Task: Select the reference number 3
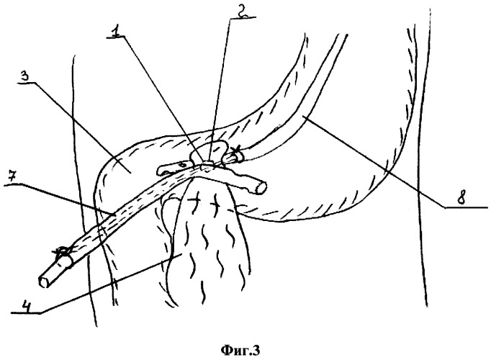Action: pos(27,76)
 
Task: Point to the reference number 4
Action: pos(27,305)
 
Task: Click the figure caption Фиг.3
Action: pos(240,351)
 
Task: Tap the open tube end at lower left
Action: pos(43,282)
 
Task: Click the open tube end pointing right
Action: pos(261,187)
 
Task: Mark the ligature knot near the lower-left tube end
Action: pos(62,252)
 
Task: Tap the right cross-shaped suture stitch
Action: pos(215,204)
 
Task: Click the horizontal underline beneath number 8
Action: pos(466,207)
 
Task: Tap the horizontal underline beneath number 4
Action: pos(25,313)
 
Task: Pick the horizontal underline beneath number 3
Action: pos(27,84)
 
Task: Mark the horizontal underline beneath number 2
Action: pos(243,18)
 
